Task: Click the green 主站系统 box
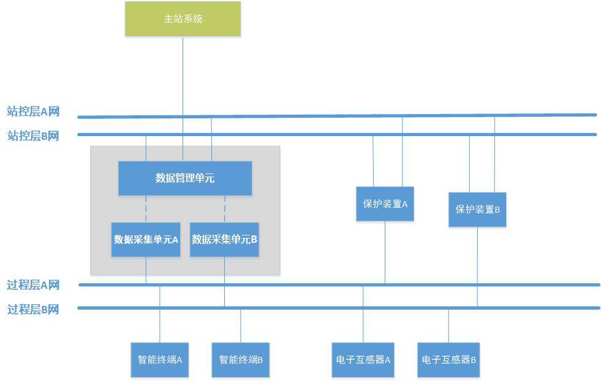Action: (x=183, y=18)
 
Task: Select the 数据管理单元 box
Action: (x=184, y=178)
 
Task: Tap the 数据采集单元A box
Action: (x=146, y=240)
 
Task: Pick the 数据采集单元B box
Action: (x=224, y=240)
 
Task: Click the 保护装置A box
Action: (x=385, y=204)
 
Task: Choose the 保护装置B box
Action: (x=477, y=210)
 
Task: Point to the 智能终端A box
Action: (x=160, y=359)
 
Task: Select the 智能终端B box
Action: (x=241, y=359)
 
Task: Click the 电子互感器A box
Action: (x=363, y=359)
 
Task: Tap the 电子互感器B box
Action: (x=448, y=359)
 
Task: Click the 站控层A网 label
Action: (x=33, y=112)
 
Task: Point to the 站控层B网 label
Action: (x=33, y=136)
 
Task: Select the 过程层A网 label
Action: (x=33, y=285)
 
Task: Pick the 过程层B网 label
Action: (x=33, y=309)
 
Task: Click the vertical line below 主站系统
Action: (x=183, y=74)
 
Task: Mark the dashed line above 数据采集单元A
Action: (x=146, y=208)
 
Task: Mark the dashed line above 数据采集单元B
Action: (x=225, y=208)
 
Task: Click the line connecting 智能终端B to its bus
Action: (x=241, y=325)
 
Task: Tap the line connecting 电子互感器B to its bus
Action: (x=448, y=325)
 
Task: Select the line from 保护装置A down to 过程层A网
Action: (x=385, y=251)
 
